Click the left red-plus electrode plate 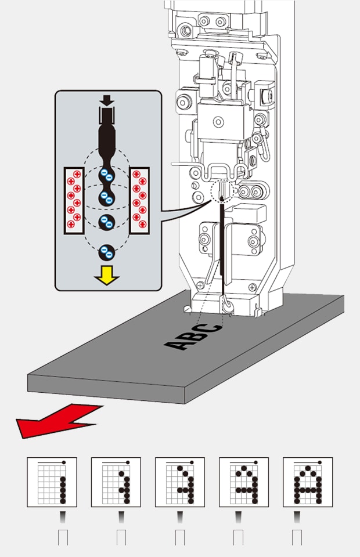coord(74,200)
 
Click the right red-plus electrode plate coord(139,200)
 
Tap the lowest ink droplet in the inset coord(106,252)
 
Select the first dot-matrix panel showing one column coord(52,482)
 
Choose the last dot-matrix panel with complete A coord(307,482)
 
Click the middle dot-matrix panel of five coord(179,482)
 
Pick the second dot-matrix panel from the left coord(116,482)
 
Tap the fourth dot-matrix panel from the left coord(243,482)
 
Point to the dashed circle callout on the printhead coord(221,191)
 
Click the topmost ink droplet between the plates coord(106,175)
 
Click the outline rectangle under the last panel coord(298,537)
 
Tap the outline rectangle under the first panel coord(63,537)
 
